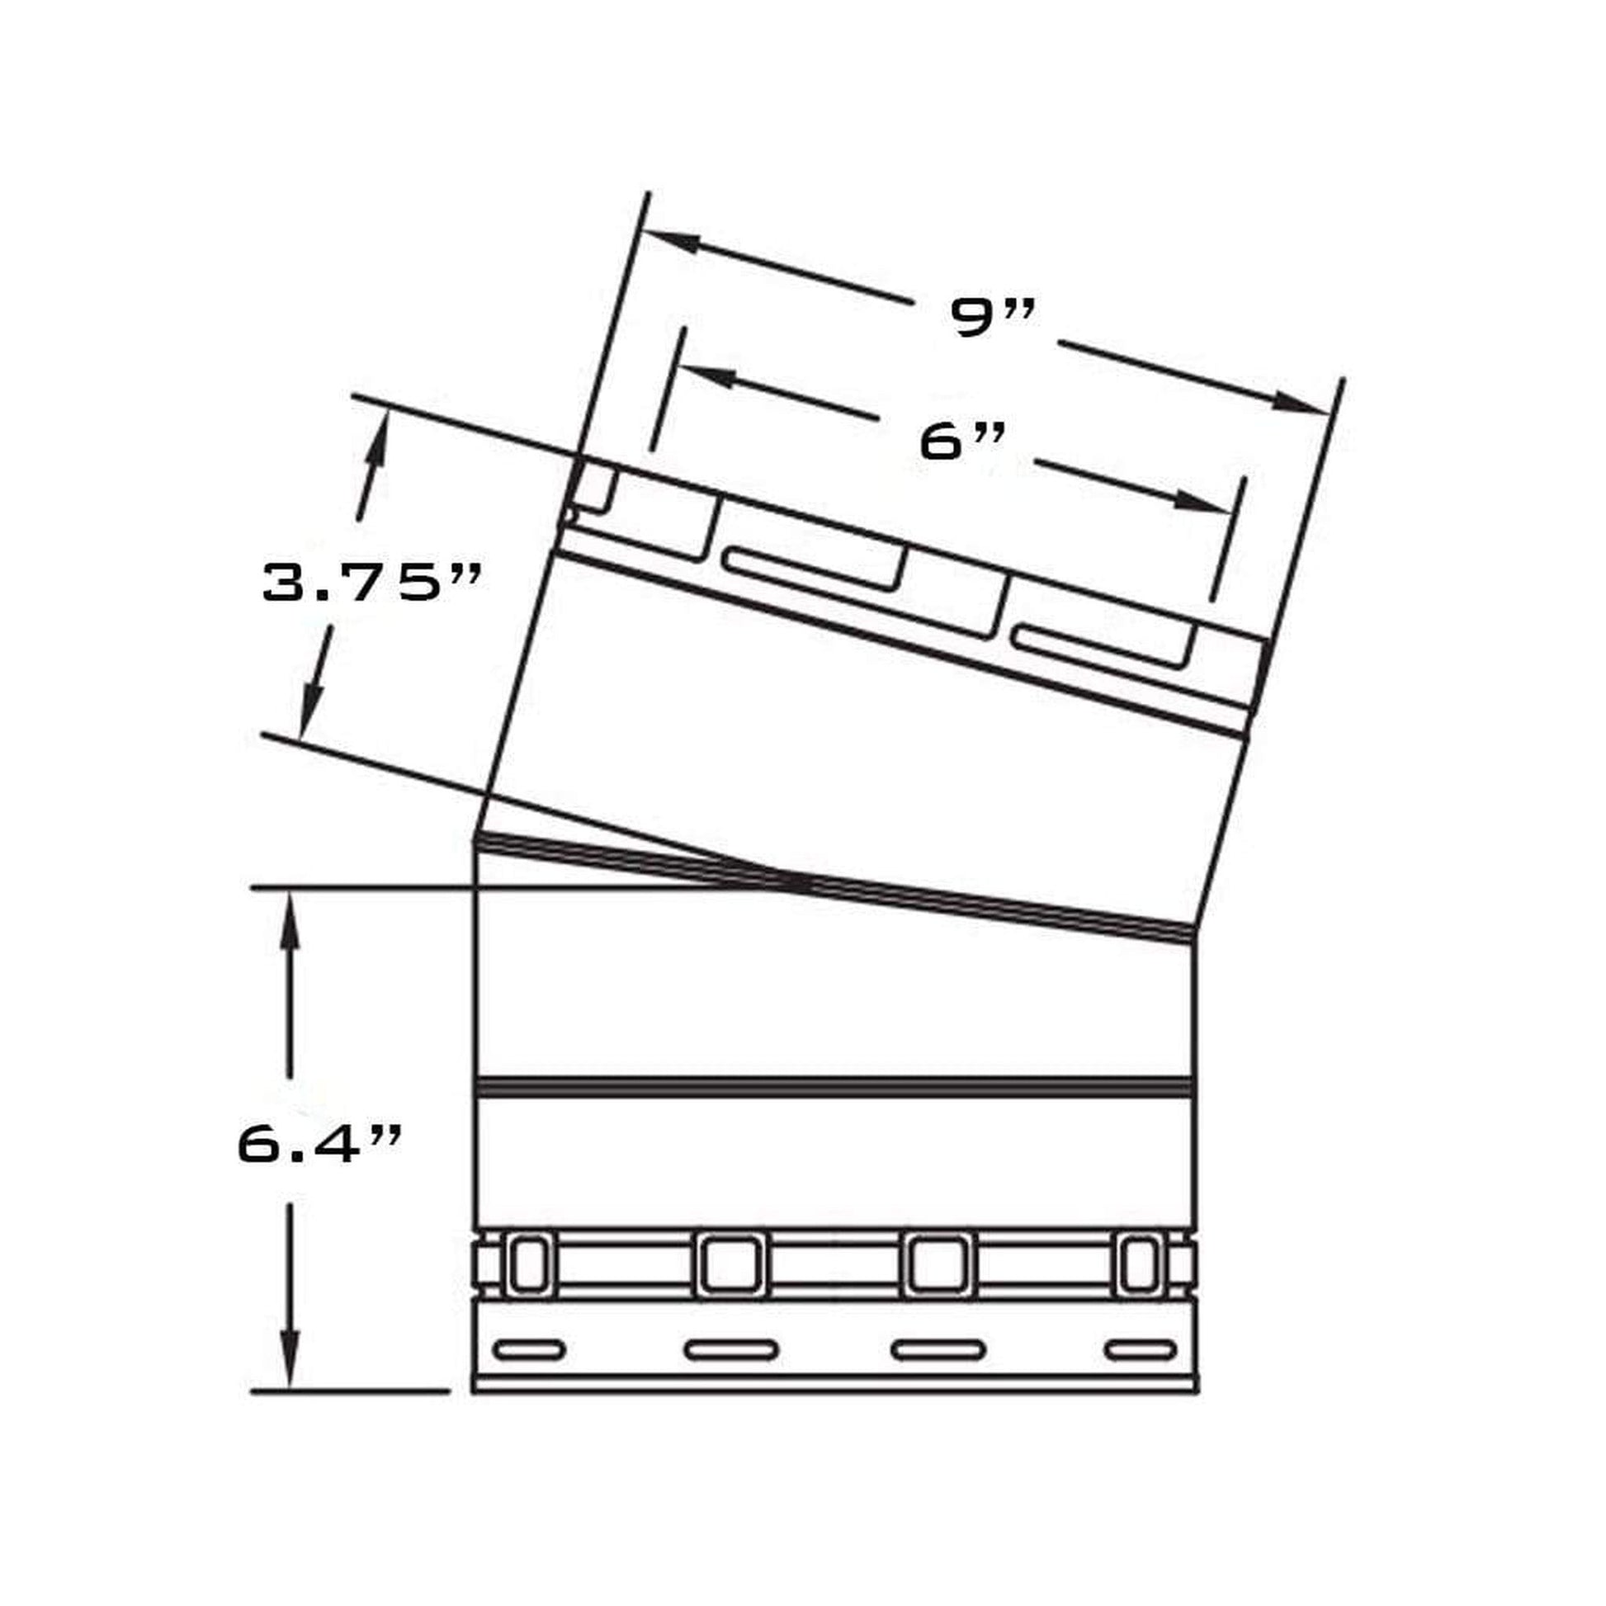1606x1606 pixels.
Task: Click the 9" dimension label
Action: (x=994, y=317)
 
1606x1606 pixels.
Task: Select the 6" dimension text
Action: (x=962, y=442)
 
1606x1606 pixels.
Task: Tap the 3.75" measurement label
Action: (x=371, y=583)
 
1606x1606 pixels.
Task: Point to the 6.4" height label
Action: (x=320, y=1145)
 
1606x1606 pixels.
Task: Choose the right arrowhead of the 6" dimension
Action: (x=1202, y=501)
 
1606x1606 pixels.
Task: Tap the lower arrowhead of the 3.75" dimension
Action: (x=311, y=707)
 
